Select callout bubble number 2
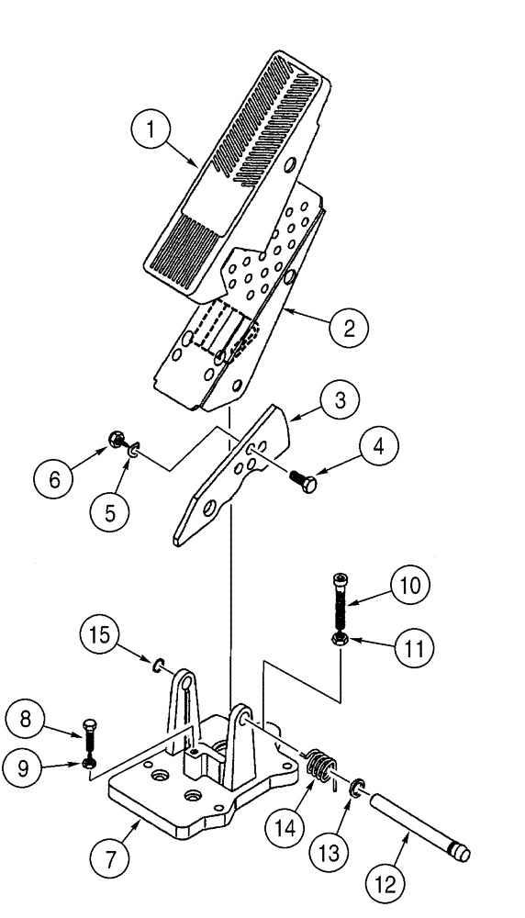(350, 329)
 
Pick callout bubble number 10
(410, 585)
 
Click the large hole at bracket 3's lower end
(210, 509)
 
